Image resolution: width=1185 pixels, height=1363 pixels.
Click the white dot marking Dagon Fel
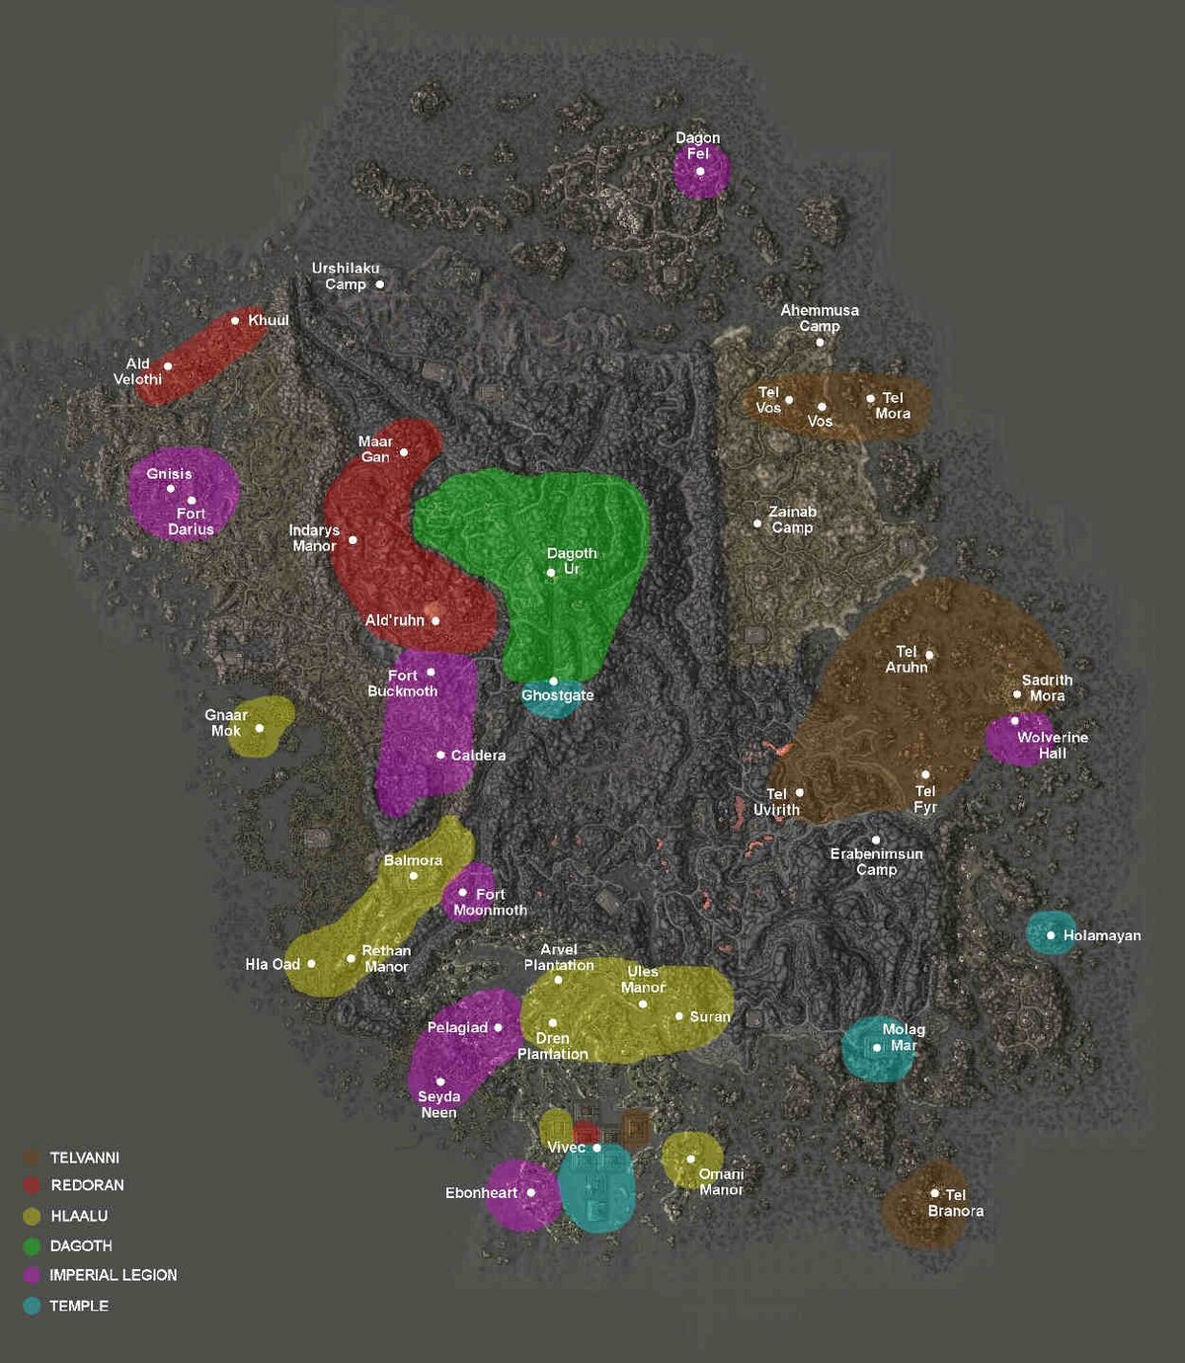[x=700, y=171]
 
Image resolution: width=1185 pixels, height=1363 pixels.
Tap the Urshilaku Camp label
[x=345, y=276]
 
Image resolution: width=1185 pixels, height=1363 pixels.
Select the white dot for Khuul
[x=235, y=320]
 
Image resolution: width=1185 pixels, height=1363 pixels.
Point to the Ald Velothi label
[x=137, y=371]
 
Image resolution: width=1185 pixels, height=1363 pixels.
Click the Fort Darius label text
[x=191, y=521]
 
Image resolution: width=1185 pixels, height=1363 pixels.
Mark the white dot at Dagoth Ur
[x=551, y=573]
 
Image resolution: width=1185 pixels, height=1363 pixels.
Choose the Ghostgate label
[x=558, y=695]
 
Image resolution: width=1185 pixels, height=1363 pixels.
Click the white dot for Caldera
[x=440, y=755]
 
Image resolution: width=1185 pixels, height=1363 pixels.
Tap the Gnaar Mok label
[x=226, y=723]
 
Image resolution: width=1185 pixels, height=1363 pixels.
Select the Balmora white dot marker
[x=414, y=876]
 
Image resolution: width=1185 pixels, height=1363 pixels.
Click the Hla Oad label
[x=273, y=964]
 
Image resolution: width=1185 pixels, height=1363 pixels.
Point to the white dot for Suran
[x=679, y=1016]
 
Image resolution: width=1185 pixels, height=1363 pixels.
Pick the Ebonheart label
[x=481, y=1193]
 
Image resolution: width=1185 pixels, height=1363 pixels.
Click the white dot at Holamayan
[x=1051, y=935]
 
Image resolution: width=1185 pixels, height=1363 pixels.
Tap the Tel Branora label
[x=955, y=1203]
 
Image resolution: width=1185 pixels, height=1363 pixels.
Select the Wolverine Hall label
[x=1053, y=745]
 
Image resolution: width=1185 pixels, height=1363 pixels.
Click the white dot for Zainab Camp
[x=757, y=523]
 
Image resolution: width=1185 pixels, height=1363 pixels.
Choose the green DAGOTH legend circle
[x=32, y=1246]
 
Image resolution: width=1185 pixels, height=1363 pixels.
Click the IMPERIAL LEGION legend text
[x=114, y=1275]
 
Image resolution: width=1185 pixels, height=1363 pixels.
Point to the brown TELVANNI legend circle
[x=32, y=1158]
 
